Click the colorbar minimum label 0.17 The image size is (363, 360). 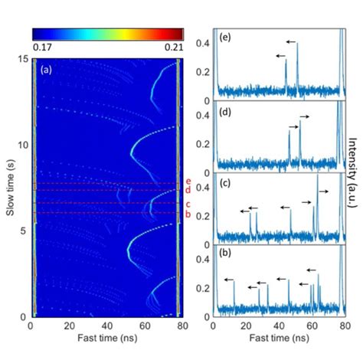(39, 48)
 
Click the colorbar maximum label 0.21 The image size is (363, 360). (175, 48)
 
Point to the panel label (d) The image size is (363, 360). (227, 111)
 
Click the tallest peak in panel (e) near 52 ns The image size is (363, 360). (297, 44)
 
